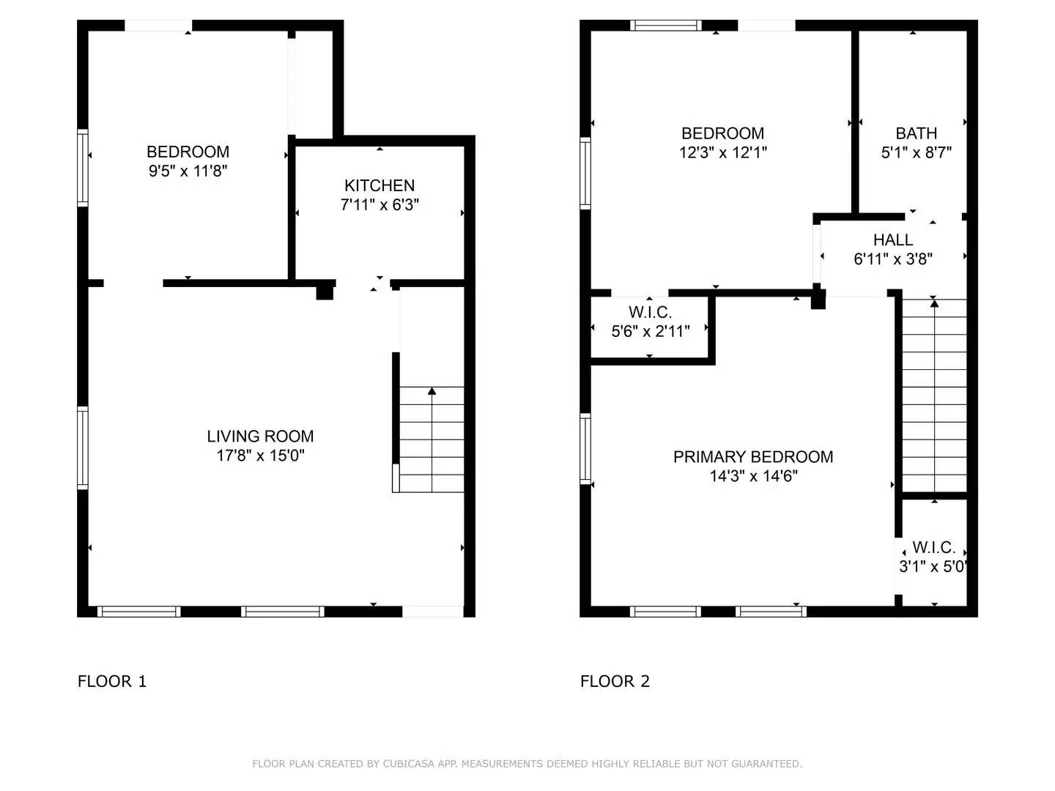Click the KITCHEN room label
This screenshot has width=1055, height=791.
pyautogui.click(x=380, y=185)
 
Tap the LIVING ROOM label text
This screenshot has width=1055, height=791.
pyautogui.click(x=260, y=437)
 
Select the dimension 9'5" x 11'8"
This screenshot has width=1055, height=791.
pyautogui.click(x=188, y=171)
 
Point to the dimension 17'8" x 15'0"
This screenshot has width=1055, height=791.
pyautogui.click(x=260, y=456)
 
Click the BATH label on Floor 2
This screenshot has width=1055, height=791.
pyautogui.click(x=916, y=133)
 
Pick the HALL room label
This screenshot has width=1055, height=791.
pyautogui.click(x=892, y=240)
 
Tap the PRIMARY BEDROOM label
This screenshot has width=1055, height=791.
pyautogui.click(x=753, y=457)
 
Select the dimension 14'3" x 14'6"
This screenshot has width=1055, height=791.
pyautogui.click(x=753, y=476)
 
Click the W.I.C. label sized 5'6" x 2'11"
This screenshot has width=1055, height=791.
pyautogui.click(x=650, y=313)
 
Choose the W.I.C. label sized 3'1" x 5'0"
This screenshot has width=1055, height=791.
pyautogui.click(x=933, y=548)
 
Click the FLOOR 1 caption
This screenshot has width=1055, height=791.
pyautogui.click(x=112, y=681)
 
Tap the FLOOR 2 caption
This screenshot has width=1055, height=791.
pyautogui.click(x=615, y=681)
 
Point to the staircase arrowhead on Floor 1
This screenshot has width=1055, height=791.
pyautogui.click(x=432, y=391)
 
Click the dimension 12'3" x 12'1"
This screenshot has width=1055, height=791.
pyautogui.click(x=722, y=152)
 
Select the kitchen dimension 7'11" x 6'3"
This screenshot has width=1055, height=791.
pyautogui.click(x=380, y=205)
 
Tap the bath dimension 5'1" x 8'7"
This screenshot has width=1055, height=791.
pyautogui.click(x=916, y=152)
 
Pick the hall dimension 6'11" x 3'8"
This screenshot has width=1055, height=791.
pyautogui.click(x=892, y=259)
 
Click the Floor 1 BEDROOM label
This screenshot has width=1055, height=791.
pyautogui.click(x=188, y=152)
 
